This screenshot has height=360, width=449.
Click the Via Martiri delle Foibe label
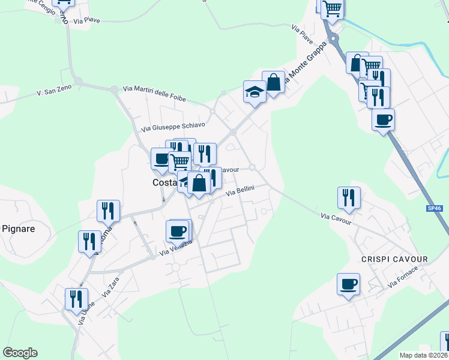(154, 94)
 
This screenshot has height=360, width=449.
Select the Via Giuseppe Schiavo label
(173, 127)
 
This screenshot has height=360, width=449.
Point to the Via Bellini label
(241, 191)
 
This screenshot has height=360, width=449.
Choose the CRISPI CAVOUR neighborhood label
(394, 259)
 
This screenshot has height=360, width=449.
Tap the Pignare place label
(18, 229)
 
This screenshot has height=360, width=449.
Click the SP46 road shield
(435, 208)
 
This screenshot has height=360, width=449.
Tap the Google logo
(20, 353)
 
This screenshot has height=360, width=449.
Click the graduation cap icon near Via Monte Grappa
(255, 92)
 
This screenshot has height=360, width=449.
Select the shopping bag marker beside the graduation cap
(274, 83)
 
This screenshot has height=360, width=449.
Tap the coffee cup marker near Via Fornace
(348, 284)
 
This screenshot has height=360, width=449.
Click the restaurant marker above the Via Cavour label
(349, 197)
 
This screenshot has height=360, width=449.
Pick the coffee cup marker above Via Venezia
(178, 230)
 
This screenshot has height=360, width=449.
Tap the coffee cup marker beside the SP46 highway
(383, 119)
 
